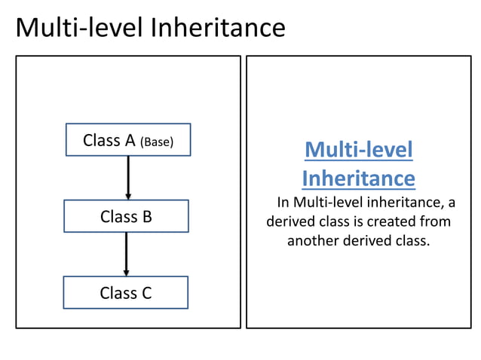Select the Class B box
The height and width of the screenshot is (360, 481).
point(126,216)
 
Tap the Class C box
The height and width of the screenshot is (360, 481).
point(125,292)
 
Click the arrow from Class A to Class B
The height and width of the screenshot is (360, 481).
point(128,178)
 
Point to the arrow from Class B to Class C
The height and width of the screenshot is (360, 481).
point(126,254)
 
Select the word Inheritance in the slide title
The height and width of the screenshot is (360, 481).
point(218,29)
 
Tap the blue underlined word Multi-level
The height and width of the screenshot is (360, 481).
point(359,150)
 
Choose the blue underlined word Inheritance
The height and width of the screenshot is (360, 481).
point(358,178)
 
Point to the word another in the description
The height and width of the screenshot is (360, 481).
point(311,242)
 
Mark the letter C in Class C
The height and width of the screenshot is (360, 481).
point(146,293)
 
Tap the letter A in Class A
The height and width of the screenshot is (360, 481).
point(130,140)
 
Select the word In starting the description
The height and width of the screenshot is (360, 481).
point(283,202)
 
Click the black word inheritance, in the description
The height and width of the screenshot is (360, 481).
point(402,202)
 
